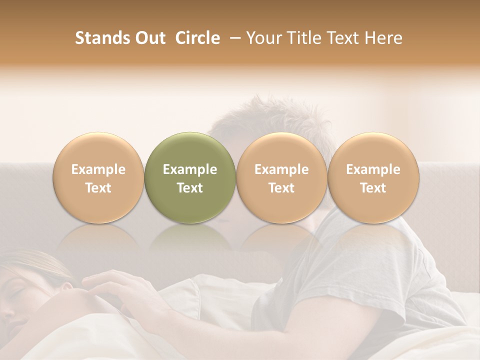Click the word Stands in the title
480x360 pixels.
(102, 38)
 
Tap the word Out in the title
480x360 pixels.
(149, 38)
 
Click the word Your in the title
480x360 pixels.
(262, 38)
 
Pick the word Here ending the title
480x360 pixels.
(385, 38)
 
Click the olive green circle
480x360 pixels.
(189, 178)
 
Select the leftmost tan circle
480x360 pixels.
(98, 178)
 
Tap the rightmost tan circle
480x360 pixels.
(373, 178)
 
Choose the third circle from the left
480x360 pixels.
(281, 178)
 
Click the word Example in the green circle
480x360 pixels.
(190, 169)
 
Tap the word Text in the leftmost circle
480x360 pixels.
(98, 188)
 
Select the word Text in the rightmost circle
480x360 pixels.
(373, 188)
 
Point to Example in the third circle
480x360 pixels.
(281, 169)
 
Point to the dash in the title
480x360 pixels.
(232, 38)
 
